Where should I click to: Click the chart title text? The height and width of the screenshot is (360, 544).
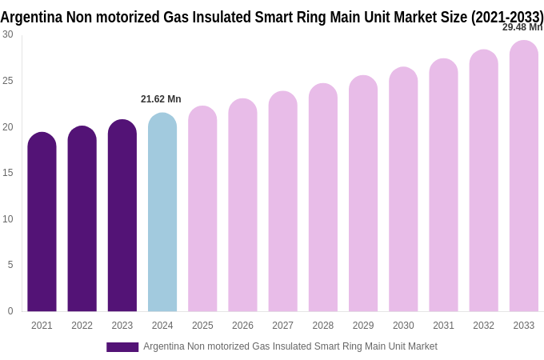point(272,17)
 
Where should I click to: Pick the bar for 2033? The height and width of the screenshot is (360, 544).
point(523,176)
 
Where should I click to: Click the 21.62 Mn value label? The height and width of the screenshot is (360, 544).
point(161,99)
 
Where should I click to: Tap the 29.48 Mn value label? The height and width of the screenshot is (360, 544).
point(522,27)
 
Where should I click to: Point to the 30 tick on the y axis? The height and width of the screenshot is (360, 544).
point(8,34)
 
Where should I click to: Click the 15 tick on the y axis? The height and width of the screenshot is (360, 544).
point(8,173)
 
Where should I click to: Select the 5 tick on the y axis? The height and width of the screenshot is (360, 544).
point(10,265)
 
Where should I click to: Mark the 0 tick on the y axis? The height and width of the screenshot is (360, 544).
point(10,311)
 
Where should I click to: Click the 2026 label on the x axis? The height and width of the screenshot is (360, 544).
point(242,326)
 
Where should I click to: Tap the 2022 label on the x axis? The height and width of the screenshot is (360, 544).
point(82,326)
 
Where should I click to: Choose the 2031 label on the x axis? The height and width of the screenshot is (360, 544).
point(443,326)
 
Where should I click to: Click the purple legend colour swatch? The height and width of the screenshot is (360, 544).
point(122,347)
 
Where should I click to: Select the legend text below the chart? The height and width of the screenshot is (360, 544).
point(290,346)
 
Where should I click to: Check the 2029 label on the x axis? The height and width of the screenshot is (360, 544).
point(363,326)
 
